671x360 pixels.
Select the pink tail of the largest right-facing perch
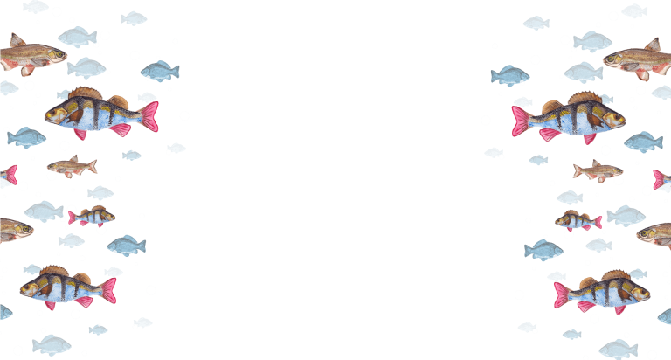pos(522,120)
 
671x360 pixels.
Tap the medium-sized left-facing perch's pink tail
pos(108,289)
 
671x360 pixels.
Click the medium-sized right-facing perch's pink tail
pos(562,294)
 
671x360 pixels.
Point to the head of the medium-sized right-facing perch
pos(637,289)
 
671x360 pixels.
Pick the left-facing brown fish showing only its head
pos(656,233)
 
